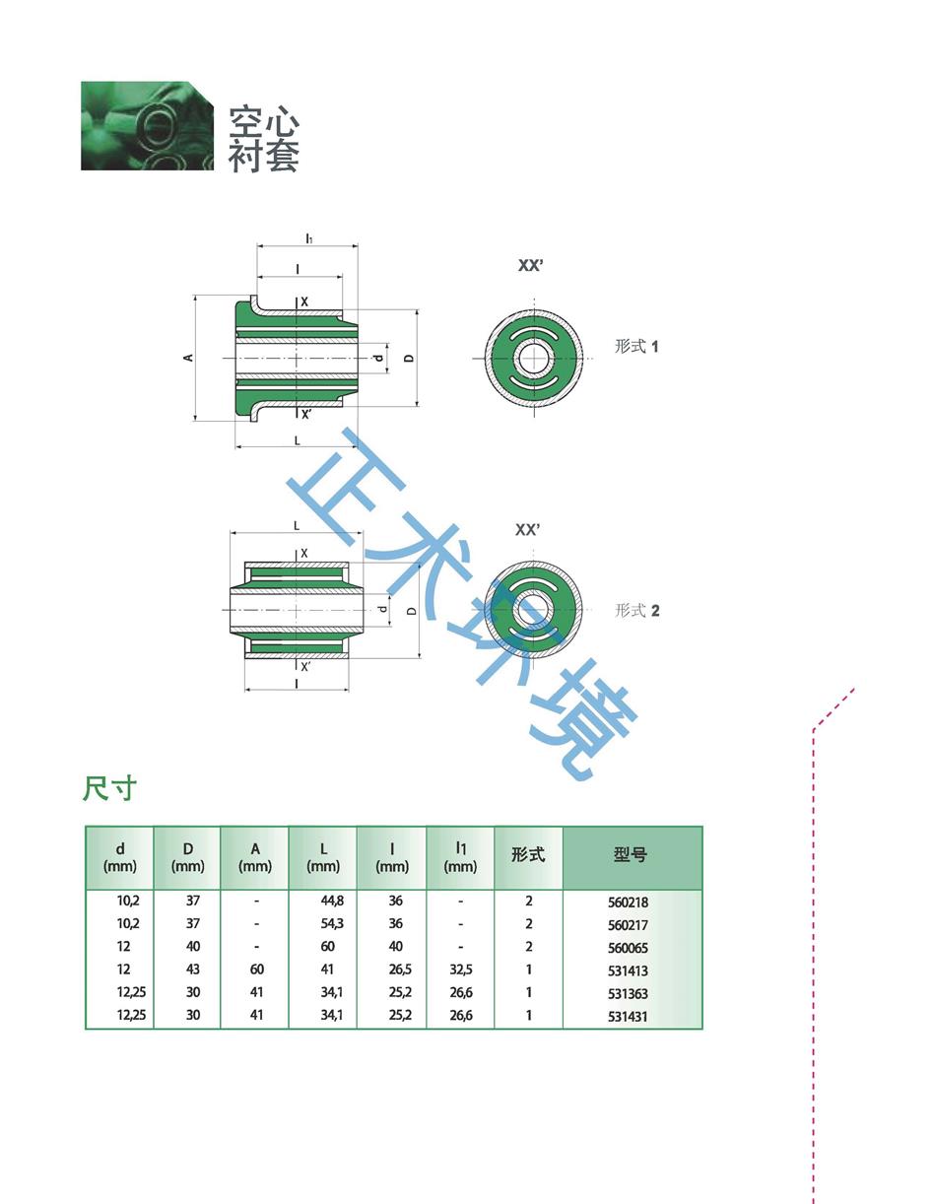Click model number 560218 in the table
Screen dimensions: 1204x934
coord(629,902)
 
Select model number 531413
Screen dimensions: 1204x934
coord(629,970)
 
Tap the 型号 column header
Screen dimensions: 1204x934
coord(631,855)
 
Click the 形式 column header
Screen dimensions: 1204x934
coord(528,855)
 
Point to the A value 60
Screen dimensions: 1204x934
coord(256,970)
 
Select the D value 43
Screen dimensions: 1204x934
coord(193,970)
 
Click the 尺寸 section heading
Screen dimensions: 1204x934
coord(108,788)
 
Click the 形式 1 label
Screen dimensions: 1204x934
coord(636,346)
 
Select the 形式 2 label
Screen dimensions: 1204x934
coord(636,610)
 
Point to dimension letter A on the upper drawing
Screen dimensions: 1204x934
coord(188,358)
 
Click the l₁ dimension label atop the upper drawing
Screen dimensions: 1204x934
coord(308,238)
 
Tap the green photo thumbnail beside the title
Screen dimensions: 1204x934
coord(147,126)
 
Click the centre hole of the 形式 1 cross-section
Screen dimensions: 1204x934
coord(533,357)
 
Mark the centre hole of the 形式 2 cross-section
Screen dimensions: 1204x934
coord(533,610)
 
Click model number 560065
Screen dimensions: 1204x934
coord(629,948)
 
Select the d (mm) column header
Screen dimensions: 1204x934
coord(120,857)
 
